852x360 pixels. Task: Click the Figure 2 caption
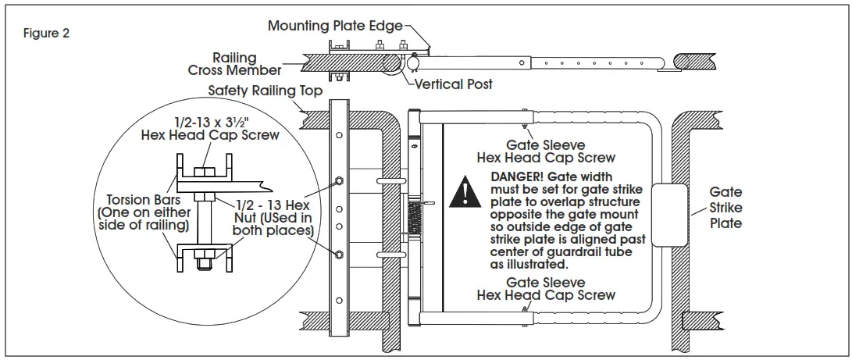[48, 34]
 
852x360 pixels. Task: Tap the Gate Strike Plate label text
[726, 208]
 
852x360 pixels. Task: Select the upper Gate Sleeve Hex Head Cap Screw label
[546, 151]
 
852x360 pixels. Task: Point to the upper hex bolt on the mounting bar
[338, 182]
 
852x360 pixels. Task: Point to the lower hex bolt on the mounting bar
[338, 255]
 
